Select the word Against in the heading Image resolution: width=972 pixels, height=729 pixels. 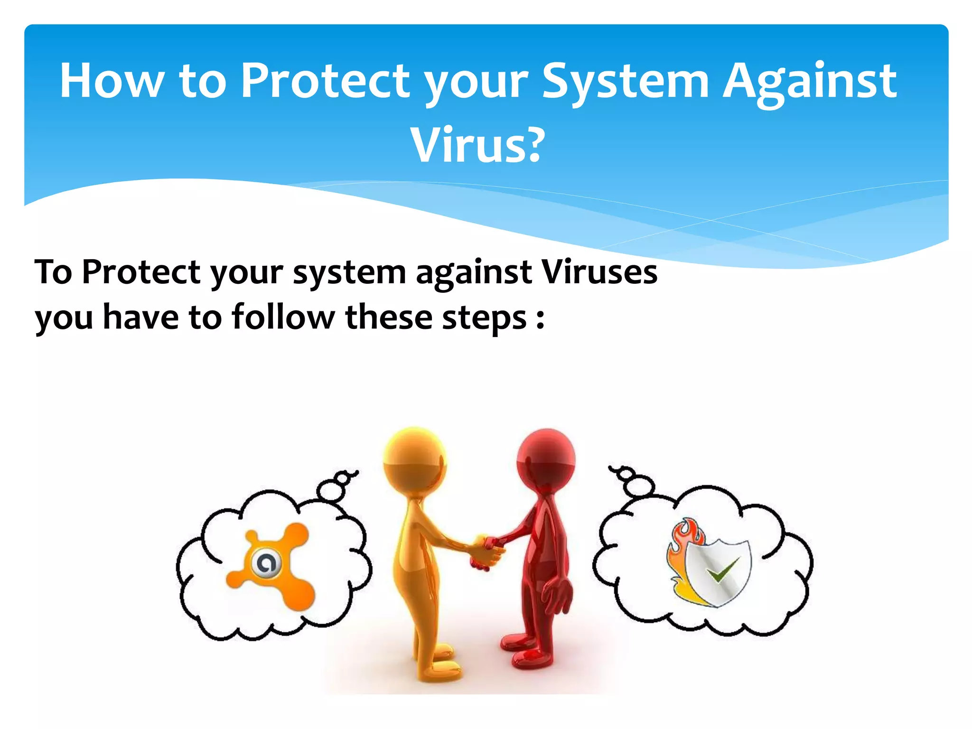point(809,82)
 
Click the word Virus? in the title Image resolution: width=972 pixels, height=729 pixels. point(477,145)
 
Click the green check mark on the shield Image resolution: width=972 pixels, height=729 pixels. point(723,570)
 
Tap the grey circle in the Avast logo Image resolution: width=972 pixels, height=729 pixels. point(266,564)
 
